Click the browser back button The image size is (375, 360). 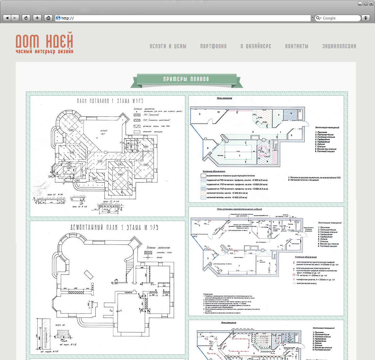[x=7, y=18]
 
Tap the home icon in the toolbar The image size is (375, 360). [x=48, y=18]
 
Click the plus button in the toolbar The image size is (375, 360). [x=37, y=18]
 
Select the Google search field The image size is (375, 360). [x=339, y=18]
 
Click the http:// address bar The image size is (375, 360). [x=183, y=18]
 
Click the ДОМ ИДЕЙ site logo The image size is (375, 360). [x=45, y=43]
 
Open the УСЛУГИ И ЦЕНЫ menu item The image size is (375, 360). [x=168, y=46]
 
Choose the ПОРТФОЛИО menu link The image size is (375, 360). [x=213, y=46]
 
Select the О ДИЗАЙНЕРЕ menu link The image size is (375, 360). [x=256, y=46]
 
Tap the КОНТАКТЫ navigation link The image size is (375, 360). [x=297, y=46]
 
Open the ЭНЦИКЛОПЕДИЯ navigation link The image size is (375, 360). [x=339, y=46]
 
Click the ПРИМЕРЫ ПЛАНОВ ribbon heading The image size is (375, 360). [x=186, y=79]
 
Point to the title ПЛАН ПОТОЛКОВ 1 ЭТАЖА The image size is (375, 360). [x=110, y=101]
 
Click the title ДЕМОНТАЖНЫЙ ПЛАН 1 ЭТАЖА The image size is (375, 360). [x=114, y=228]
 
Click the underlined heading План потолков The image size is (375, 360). [x=224, y=98]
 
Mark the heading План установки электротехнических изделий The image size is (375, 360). [x=239, y=209]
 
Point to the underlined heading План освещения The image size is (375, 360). [x=228, y=323]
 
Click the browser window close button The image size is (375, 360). [x=371, y=4]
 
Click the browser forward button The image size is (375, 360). [x=15, y=18]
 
